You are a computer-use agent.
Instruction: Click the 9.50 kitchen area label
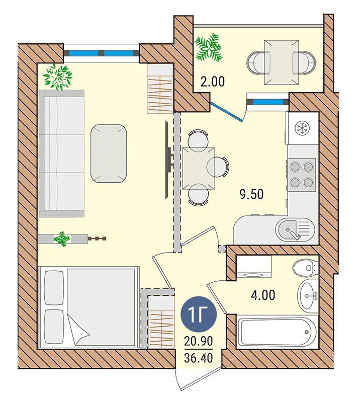pos(251,194)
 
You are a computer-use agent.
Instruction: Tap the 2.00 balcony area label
pos(213,82)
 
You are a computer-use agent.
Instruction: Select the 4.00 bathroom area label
pos(263,295)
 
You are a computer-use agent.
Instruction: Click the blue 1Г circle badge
pos(199,314)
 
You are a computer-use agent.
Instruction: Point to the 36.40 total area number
pos(199,358)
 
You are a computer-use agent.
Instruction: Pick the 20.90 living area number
pos(199,341)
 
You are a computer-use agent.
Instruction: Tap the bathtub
pos(278,332)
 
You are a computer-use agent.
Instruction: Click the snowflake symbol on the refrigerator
pos(302,127)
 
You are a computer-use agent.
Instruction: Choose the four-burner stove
pos(302,174)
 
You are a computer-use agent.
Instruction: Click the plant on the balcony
pos(209,48)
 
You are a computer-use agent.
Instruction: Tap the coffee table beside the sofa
pos(109,153)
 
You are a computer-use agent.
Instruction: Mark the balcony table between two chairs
pos(282,62)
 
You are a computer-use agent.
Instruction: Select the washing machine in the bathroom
pos(254,266)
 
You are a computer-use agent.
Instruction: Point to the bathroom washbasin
pos(308,296)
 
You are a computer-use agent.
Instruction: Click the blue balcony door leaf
pos(227,112)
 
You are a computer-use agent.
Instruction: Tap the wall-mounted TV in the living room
pos(167,160)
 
